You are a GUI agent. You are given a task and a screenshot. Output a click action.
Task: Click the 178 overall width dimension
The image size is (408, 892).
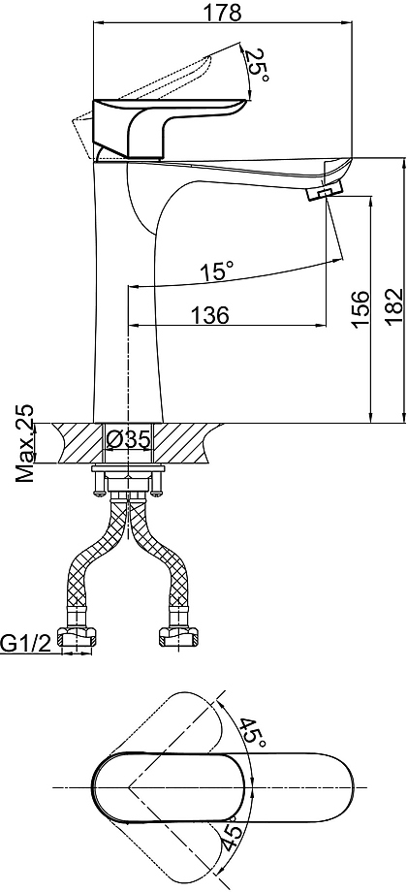click(x=223, y=12)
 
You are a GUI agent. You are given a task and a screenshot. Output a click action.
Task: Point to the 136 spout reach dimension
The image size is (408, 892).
click(x=209, y=314)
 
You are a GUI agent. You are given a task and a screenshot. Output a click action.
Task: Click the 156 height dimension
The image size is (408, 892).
click(x=361, y=309)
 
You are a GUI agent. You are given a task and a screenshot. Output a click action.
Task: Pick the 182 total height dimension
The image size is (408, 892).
click(x=394, y=307)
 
